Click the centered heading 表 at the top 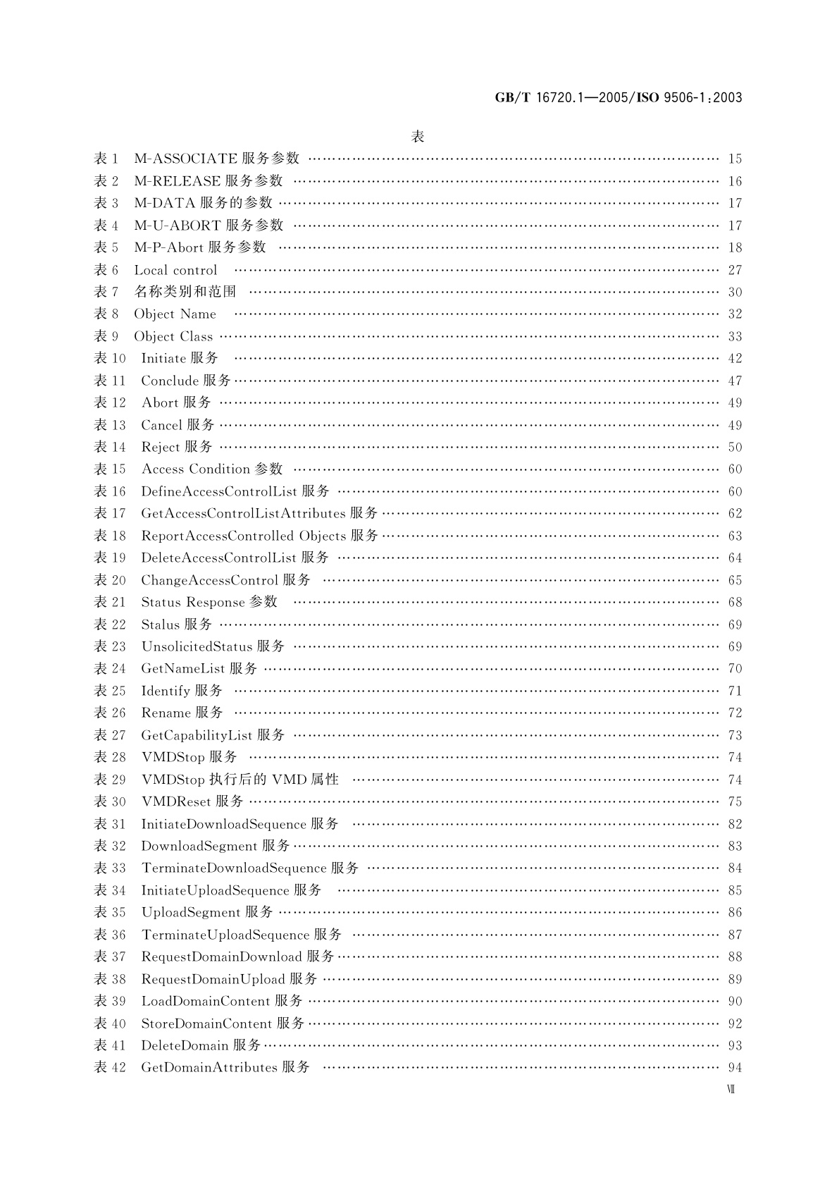tap(418, 137)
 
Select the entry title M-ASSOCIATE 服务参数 tap(217, 159)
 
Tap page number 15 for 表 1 tap(735, 159)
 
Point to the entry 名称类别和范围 tap(185, 292)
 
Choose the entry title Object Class tap(173, 336)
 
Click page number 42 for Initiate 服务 tap(735, 359)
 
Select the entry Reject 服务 tap(177, 447)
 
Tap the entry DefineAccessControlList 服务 tap(235, 491)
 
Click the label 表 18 tap(110, 536)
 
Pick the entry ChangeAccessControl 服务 tap(226, 580)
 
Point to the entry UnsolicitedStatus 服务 tap(213, 646)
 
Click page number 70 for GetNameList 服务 tap(735, 669)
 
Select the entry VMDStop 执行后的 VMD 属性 tap(240, 780)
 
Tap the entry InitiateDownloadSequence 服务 tap(240, 824)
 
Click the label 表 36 tap(110, 935)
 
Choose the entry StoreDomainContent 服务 tap(223, 1023)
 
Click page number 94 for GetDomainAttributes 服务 tap(735, 1068)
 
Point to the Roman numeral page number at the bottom tap(731, 1090)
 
